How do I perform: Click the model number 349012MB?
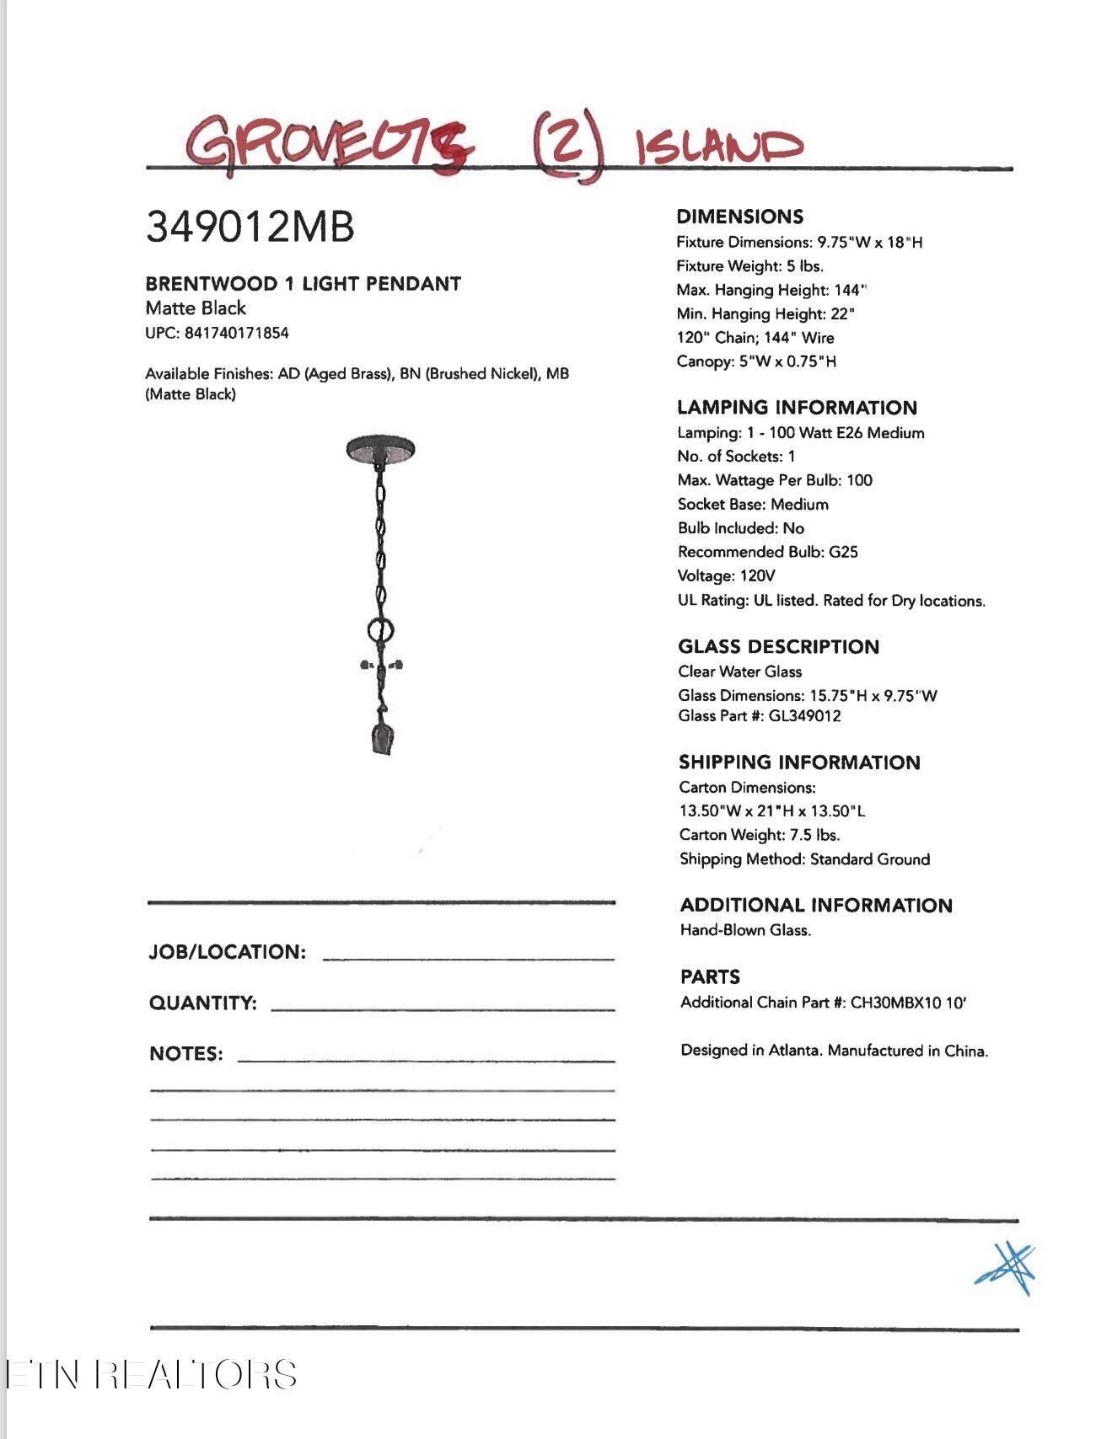[x=250, y=227]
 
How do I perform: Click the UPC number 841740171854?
[x=236, y=333]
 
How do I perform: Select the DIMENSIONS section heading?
[x=739, y=217]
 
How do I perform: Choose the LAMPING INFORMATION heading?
[x=797, y=408]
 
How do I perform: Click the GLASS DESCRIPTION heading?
[x=778, y=647]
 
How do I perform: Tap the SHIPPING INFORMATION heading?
[x=799, y=762]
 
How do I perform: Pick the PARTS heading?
[x=710, y=977]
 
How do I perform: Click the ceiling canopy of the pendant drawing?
[x=380, y=449]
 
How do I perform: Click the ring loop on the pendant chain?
[x=381, y=629]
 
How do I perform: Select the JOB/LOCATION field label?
[x=227, y=952]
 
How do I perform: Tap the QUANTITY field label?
[x=202, y=1003]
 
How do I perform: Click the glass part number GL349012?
[x=804, y=716]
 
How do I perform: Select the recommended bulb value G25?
[x=843, y=552]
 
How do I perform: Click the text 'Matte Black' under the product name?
[x=196, y=308]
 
